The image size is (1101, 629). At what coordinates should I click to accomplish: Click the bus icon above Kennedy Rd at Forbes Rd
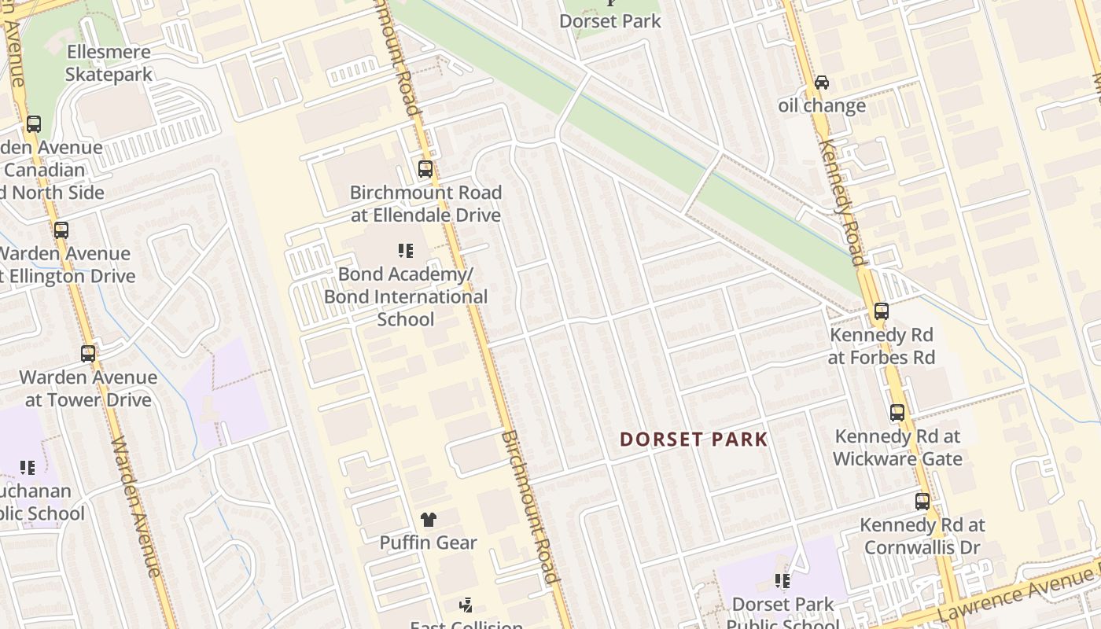pos(881,311)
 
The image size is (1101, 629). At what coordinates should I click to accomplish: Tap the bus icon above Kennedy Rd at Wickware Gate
pos(897,413)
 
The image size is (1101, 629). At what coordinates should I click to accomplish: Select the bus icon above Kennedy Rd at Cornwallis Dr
pos(922,501)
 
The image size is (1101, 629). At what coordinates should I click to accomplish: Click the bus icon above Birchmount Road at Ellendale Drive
pos(425,169)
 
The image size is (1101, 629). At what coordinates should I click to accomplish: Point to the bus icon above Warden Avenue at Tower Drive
pos(88,354)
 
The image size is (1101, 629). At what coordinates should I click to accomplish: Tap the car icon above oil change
pos(822,83)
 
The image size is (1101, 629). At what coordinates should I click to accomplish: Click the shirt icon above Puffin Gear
pos(428,519)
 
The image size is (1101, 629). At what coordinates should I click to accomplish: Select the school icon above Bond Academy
pos(406,251)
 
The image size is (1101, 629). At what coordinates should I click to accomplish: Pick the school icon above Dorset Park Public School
pos(782,581)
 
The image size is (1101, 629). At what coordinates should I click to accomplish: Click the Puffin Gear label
pos(428,543)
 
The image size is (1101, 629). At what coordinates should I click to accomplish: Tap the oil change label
pos(822,105)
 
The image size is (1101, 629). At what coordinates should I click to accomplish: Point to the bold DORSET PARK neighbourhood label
pos(693,440)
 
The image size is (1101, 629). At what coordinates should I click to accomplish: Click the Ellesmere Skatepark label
pos(109,63)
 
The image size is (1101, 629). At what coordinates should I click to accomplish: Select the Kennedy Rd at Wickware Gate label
pos(897,447)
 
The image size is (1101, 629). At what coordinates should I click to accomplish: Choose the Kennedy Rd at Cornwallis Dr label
pos(922,535)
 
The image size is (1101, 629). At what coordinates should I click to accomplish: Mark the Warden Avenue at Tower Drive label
pos(88,388)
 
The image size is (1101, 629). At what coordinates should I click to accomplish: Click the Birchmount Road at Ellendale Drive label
pos(425,204)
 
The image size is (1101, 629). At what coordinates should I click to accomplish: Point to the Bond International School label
pos(406,307)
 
